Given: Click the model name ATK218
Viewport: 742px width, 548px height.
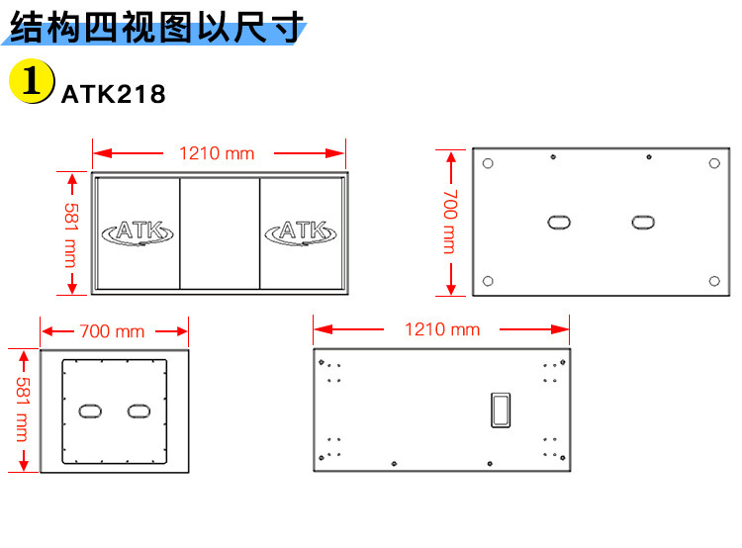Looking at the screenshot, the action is pos(113,95).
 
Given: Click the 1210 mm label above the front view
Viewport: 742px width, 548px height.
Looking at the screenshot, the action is pos(217,153).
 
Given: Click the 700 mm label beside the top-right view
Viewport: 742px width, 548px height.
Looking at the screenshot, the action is pos(449,222).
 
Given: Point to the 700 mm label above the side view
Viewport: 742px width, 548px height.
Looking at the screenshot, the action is pos(112,331).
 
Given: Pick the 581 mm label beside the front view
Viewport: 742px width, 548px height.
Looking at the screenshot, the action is pos(71,234).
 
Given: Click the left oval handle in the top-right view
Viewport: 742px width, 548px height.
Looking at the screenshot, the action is pos(560,221).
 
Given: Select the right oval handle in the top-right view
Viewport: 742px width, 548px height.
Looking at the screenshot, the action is pos(643,221).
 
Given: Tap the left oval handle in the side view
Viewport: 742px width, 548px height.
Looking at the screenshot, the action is pos(91,410).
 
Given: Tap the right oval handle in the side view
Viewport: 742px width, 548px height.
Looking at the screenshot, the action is pos(137,410).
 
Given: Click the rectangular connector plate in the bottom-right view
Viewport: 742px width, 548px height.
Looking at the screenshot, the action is pos(500,410).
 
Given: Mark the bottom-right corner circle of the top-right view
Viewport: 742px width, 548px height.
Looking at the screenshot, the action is pos(714,281).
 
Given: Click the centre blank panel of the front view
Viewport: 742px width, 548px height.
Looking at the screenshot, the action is pos(220,233).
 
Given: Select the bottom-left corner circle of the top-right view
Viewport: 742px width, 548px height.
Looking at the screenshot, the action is pos(487,281).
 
